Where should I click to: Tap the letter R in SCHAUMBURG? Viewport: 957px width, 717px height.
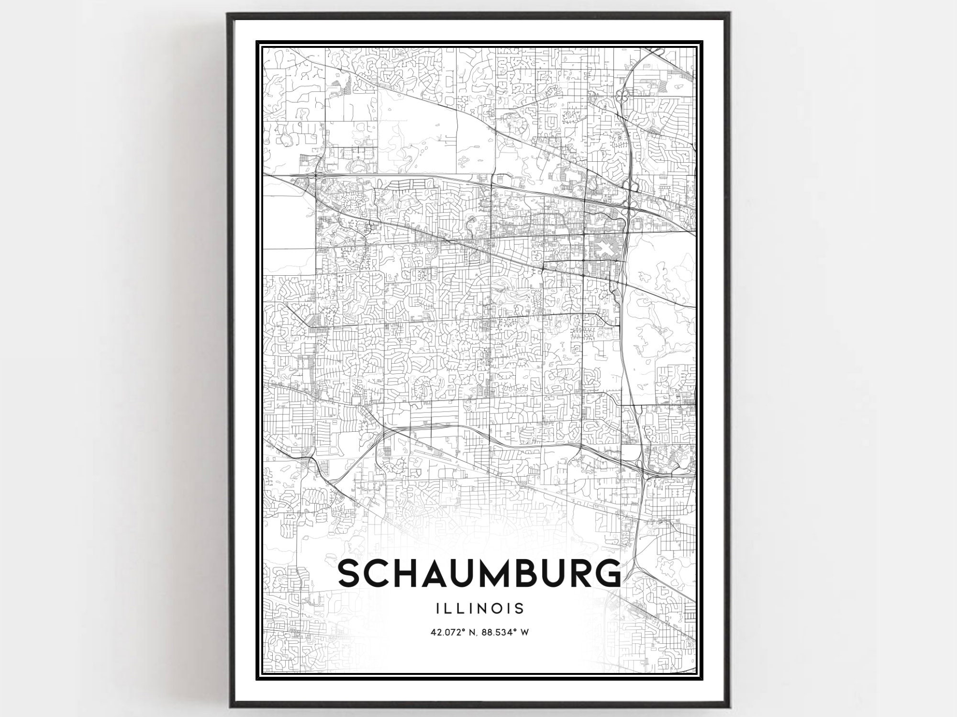(577, 573)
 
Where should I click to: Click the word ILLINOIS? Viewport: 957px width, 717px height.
(480, 608)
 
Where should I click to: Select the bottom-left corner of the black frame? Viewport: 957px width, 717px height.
(229, 707)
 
